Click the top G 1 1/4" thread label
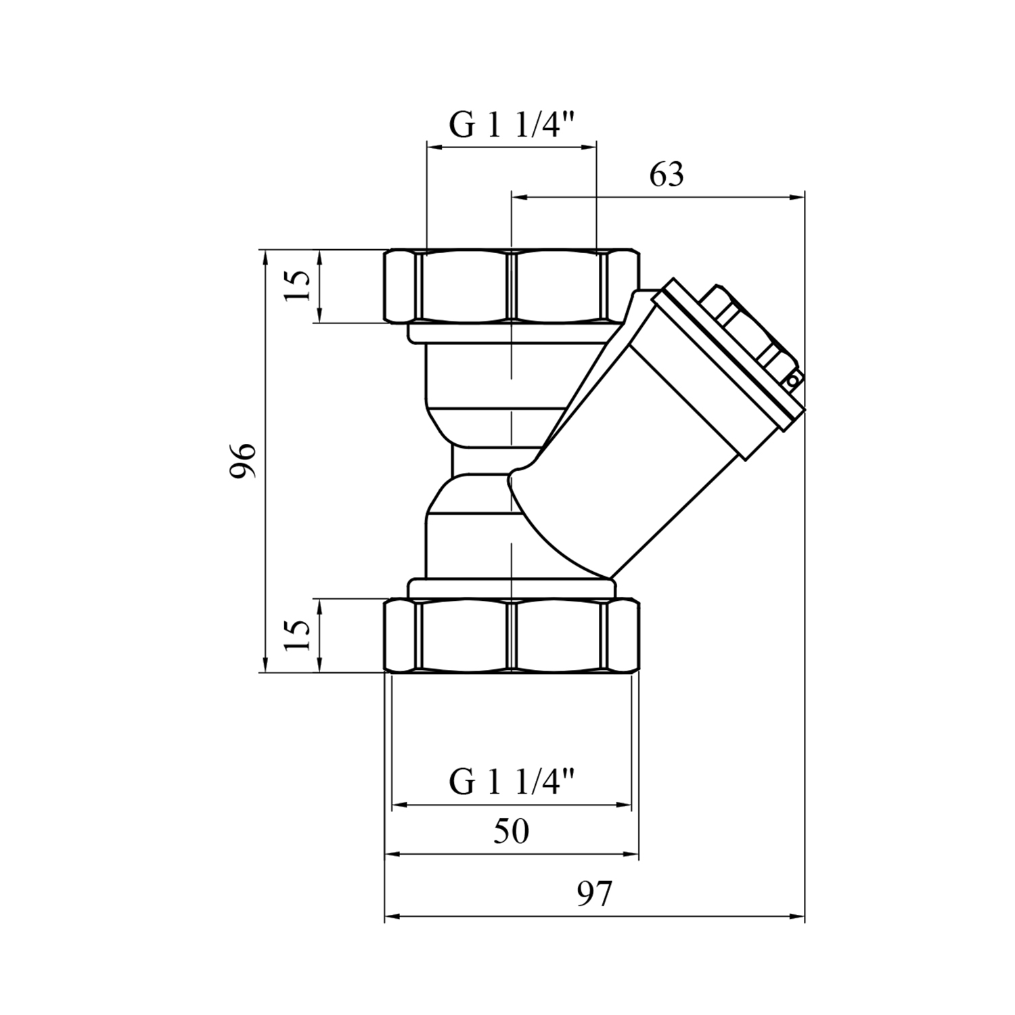coord(512,125)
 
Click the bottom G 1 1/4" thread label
coord(512,784)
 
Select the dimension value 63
coord(667,175)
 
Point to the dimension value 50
coord(511,832)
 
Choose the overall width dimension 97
coord(594,895)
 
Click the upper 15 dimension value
coord(298,286)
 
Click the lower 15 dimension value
coord(298,635)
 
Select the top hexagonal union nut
coord(512,286)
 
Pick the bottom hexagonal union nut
coord(512,635)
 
